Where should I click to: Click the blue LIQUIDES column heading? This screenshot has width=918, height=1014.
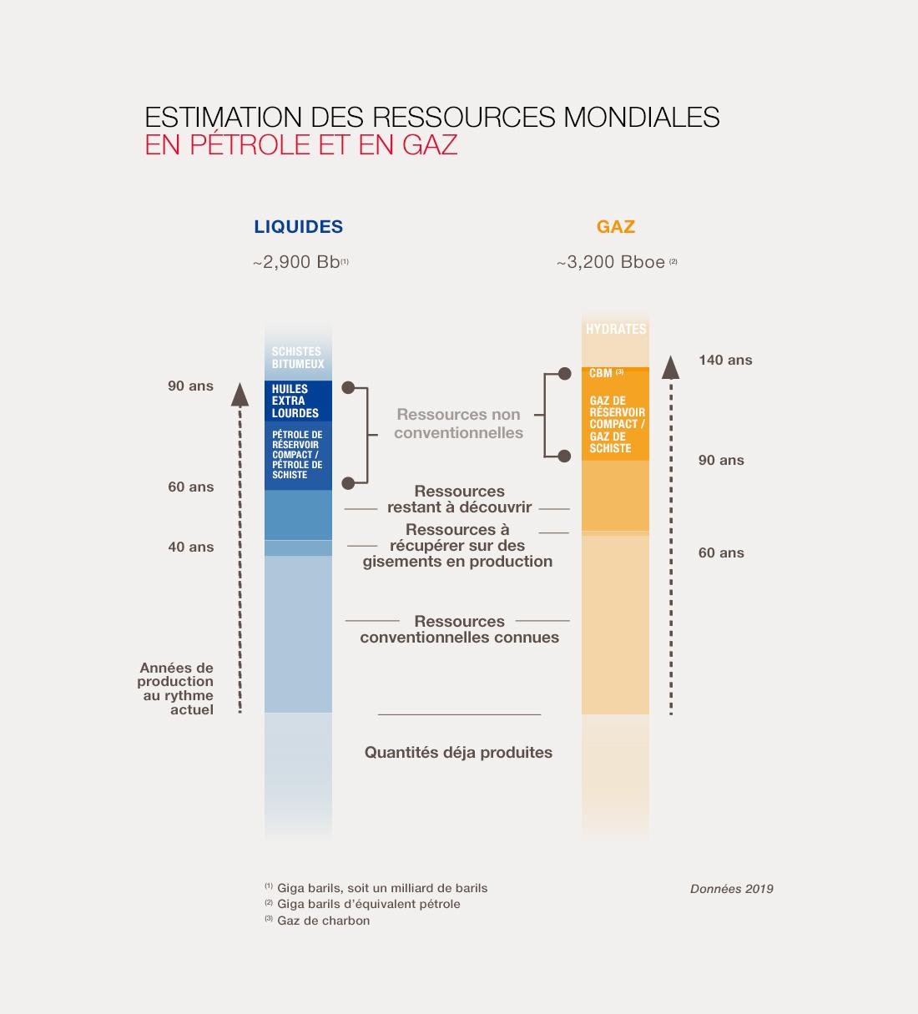pyautogui.click(x=298, y=226)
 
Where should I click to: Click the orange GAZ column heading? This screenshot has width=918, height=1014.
pyautogui.click(x=616, y=226)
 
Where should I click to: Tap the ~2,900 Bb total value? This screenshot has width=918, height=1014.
pyautogui.click(x=299, y=262)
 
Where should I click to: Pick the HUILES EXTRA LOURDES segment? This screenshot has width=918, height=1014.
pyautogui.click(x=296, y=401)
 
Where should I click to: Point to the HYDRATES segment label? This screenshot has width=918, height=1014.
pyautogui.click(x=616, y=329)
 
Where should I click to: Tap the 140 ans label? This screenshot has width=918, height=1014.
pyautogui.click(x=725, y=360)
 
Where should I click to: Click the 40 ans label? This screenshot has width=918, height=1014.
pyautogui.click(x=191, y=547)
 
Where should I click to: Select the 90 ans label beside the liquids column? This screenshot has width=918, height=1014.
pyautogui.click(x=191, y=386)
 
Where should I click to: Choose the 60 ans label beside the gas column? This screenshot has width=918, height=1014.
pyautogui.click(x=721, y=552)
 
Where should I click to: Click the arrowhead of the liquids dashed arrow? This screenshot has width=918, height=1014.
pyautogui.click(x=240, y=393)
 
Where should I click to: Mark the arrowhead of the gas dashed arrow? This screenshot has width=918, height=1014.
pyautogui.click(x=670, y=367)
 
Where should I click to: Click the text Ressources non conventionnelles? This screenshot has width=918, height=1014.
pyautogui.click(x=458, y=423)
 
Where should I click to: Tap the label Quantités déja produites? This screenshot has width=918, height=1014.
pyautogui.click(x=458, y=752)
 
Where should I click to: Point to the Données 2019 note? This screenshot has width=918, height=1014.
pyautogui.click(x=731, y=889)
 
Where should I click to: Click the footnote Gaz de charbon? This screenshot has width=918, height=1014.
pyautogui.click(x=323, y=921)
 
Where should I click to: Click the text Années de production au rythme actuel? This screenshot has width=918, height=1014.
pyautogui.click(x=176, y=689)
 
